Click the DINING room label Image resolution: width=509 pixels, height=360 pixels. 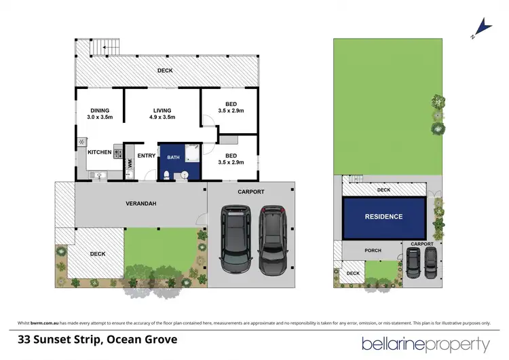[98, 111]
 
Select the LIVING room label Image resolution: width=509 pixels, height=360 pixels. [162, 111]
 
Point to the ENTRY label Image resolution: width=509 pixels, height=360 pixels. [146, 156]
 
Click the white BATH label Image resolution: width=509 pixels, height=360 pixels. [173, 157]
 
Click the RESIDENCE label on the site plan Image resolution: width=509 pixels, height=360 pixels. [385, 217]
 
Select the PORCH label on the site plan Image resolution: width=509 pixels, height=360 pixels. [373, 251]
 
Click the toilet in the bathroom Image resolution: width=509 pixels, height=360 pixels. [167, 175]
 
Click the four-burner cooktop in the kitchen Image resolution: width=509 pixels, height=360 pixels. [117, 153]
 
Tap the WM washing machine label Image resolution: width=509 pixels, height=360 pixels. [130, 163]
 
